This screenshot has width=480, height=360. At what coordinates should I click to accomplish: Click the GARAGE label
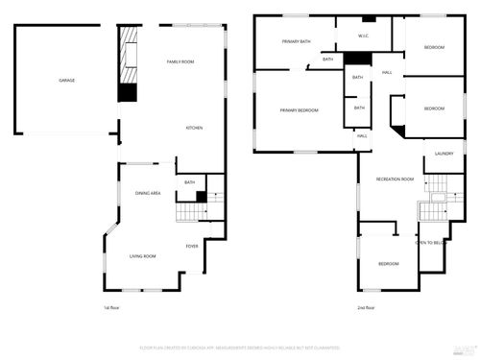click(x=65, y=80)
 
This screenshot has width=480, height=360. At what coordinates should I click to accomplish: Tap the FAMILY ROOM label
click(x=180, y=61)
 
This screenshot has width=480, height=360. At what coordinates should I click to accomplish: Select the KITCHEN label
click(x=193, y=128)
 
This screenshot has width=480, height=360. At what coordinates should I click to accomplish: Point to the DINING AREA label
click(x=147, y=193)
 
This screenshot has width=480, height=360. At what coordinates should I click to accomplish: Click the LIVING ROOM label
click(x=143, y=256)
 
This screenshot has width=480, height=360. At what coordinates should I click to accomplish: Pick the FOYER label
click(x=192, y=247)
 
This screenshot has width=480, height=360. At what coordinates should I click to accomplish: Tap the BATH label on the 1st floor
click(x=190, y=182)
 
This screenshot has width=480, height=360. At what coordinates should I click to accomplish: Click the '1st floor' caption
click(x=112, y=308)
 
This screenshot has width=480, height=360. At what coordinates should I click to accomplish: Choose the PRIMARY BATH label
click(x=295, y=41)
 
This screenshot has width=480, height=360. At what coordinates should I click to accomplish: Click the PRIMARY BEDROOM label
click(x=299, y=110)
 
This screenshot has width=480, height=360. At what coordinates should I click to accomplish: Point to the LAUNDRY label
click(x=444, y=154)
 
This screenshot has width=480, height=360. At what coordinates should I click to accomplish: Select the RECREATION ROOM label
click(x=395, y=180)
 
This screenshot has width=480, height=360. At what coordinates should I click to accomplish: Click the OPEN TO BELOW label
click(x=431, y=243)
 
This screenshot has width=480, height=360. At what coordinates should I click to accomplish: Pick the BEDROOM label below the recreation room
click(x=388, y=264)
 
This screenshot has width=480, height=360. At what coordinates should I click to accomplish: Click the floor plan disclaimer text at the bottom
click(x=240, y=347)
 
